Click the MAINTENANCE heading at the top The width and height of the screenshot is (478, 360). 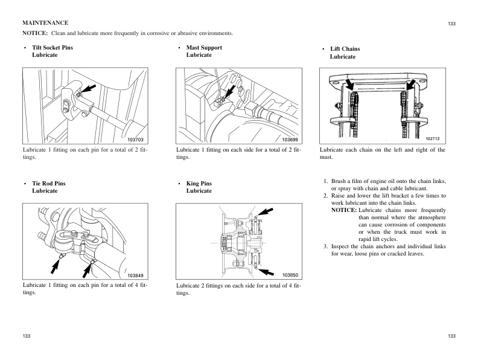[x=45, y=22]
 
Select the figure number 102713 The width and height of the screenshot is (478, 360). [x=434, y=138]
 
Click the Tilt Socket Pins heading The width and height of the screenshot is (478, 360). [x=53, y=47]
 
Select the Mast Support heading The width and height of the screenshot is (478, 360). [x=204, y=47]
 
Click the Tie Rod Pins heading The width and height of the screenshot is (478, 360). [x=48, y=182]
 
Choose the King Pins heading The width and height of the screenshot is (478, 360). [x=199, y=182]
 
